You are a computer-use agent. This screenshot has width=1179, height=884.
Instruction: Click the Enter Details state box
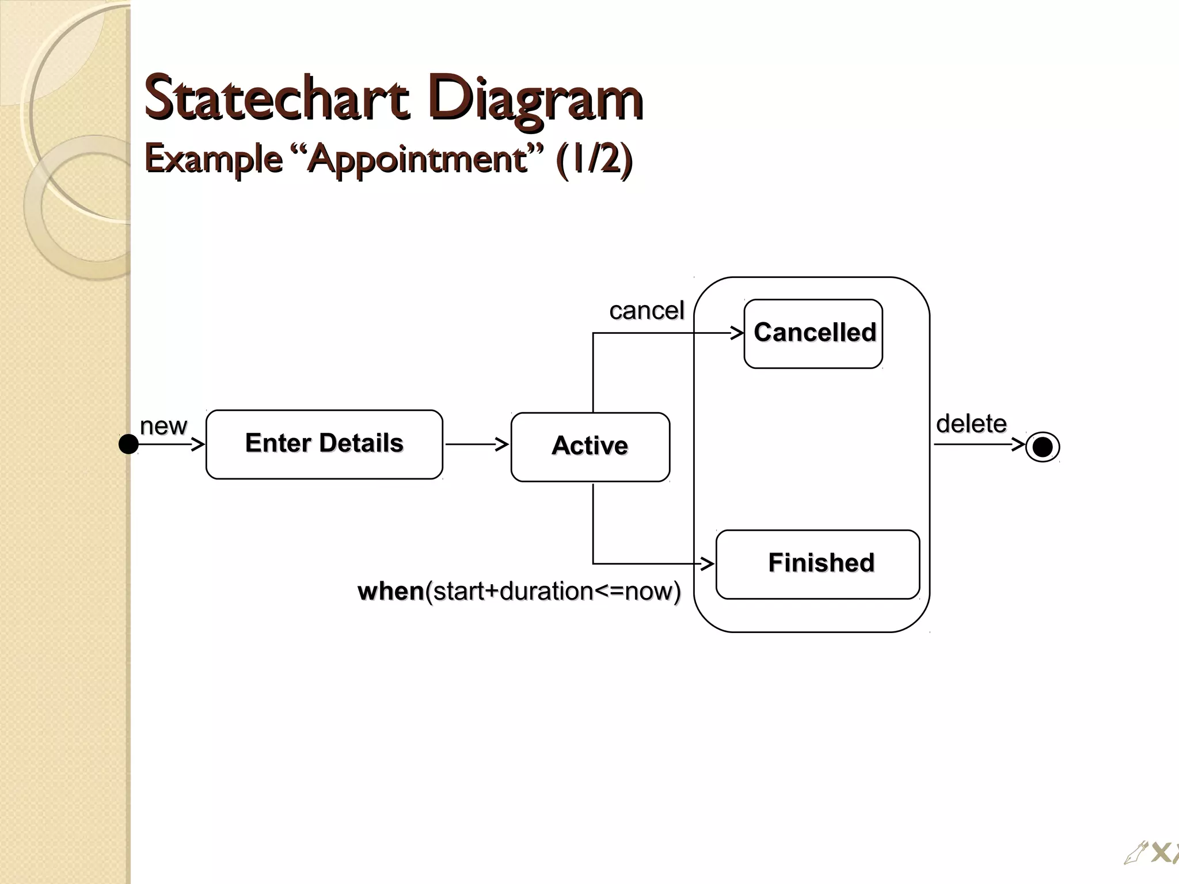[x=324, y=444]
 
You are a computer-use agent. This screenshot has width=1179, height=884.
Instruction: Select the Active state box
[x=590, y=447]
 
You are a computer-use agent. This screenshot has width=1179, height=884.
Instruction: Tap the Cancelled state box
[x=813, y=333]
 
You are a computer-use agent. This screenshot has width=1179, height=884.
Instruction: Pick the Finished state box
[x=817, y=564]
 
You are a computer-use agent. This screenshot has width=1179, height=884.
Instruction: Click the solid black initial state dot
[x=128, y=444]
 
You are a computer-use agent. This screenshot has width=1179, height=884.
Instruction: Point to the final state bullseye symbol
[x=1043, y=447]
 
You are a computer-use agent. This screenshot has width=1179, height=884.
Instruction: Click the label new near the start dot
[x=163, y=426]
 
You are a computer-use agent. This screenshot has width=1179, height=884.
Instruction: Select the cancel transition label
[x=646, y=311]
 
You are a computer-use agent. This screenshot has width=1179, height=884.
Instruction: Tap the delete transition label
[x=971, y=424]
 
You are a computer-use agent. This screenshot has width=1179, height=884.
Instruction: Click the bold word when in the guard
[x=390, y=592]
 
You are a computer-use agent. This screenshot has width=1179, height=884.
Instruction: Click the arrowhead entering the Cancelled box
[x=737, y=333]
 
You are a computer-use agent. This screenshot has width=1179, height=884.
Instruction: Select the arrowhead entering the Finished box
[x=708, y=564]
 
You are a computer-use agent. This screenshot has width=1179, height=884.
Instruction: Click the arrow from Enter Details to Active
[x=476, y=444]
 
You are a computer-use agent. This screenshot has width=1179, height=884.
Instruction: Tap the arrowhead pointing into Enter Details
[x=198, y=444]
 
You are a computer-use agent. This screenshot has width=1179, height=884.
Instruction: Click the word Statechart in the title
[x=276, y=98]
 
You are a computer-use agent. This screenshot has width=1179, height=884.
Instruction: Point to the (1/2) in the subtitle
[x=594, y=159]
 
